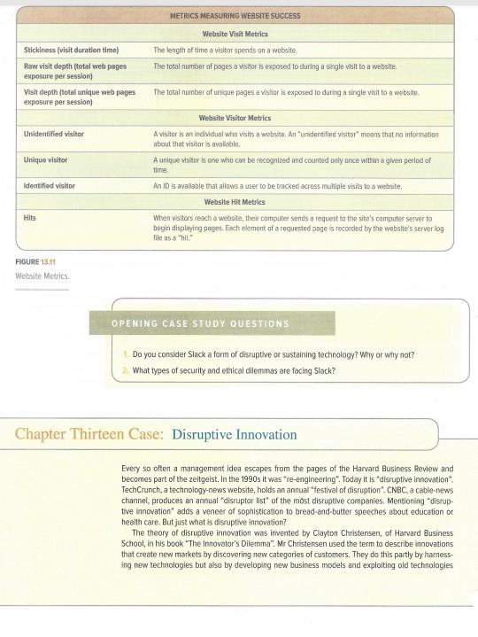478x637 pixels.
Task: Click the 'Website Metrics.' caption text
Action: (x=36, y=275)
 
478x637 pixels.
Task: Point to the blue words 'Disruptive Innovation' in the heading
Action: (x=235, y=435)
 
